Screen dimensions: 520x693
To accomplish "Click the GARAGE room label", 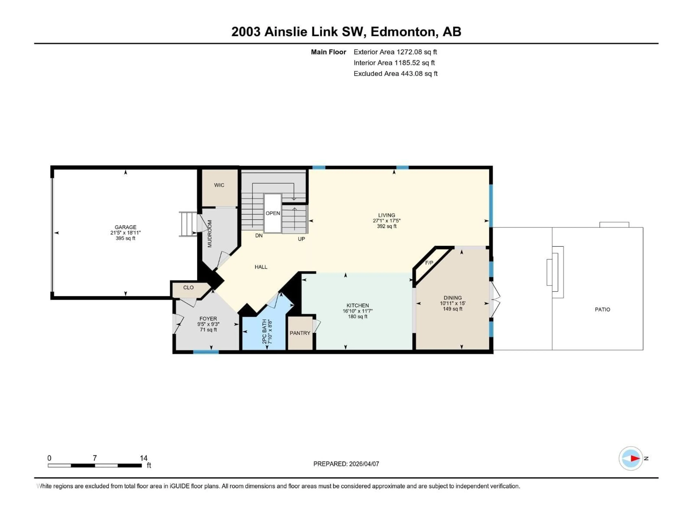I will (125, 227).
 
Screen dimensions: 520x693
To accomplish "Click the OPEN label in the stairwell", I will (273, 213).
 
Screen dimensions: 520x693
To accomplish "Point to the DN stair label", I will (259, 235).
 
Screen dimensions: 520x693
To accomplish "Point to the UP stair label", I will (301, 239).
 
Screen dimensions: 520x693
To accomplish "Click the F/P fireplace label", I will (429, 263).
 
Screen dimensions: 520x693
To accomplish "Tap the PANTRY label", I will (300, 333).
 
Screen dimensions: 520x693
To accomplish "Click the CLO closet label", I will (188, 287).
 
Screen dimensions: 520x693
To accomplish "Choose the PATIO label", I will (602, 309).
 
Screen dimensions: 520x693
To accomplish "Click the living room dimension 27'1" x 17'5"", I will (386, 221).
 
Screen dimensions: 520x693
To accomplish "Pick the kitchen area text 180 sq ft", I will (358, 317).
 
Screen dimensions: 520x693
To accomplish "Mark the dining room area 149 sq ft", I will (452, 309).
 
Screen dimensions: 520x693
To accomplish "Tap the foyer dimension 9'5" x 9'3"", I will (208, 324).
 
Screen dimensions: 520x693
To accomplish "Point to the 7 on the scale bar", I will (95, 458).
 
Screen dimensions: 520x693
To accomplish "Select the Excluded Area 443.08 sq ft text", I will (395, 74).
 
